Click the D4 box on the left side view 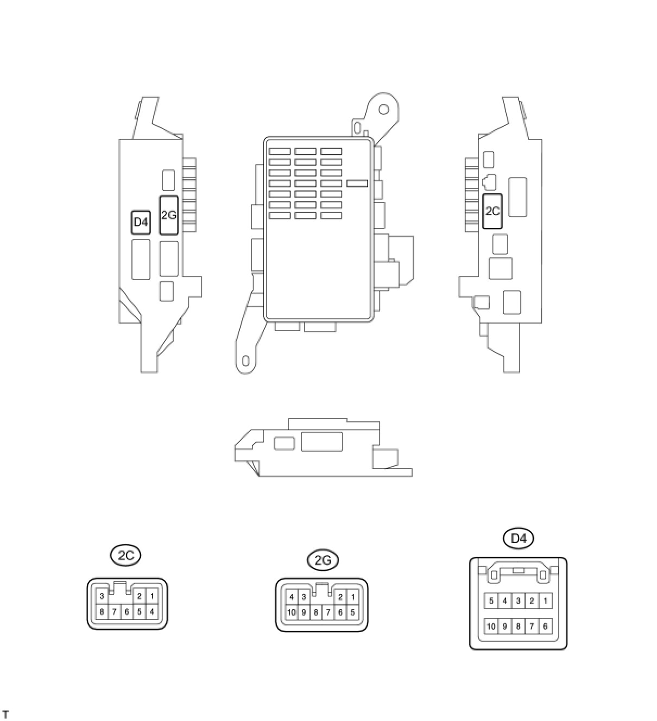point(140,222)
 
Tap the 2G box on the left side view point(169,216)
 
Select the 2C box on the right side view point(492,211)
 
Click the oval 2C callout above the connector point(125,555)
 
